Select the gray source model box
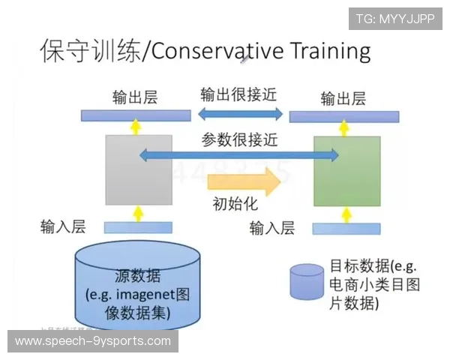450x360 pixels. [x=139, y=170]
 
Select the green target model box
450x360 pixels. [x=346, y=170]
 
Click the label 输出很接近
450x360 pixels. [x=240, y=96]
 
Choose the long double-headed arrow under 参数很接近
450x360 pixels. [x=239, y=155]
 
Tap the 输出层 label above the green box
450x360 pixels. [x=343, y=98]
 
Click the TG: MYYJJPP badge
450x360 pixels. [x=394, y=19]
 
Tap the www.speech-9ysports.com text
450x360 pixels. [x=93, y=341]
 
